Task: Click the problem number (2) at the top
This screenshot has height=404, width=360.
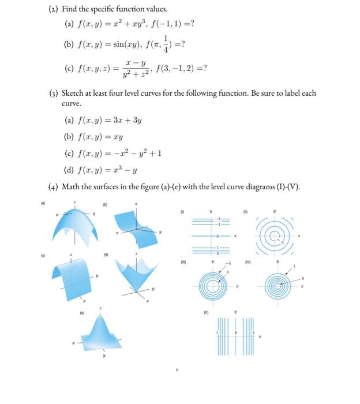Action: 52,10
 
